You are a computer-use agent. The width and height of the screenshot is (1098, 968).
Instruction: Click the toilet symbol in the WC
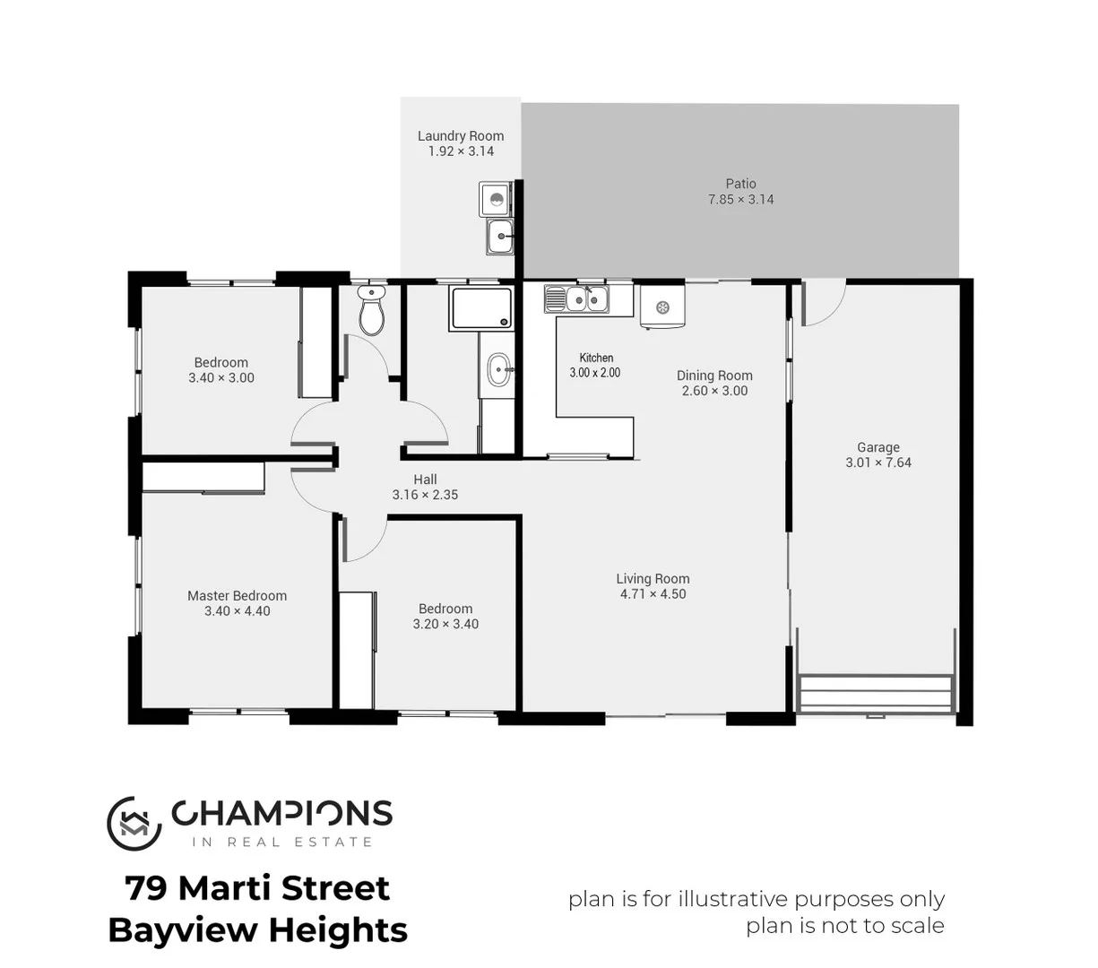click(371, 311)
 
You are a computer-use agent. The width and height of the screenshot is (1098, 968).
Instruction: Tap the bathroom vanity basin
click(499, 368)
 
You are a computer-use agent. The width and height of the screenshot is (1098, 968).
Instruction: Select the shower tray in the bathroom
click(482, 307)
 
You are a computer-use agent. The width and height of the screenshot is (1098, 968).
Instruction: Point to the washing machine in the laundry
click(495, 199)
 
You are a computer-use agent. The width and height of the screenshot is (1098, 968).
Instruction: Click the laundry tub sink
click(500, 238)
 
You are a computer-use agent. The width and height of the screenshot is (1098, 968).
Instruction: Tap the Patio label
click(740, 184)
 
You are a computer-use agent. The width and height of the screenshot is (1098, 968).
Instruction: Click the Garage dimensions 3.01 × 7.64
click(878, 462)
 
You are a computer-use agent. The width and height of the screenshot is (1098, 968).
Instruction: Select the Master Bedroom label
click(237, 596)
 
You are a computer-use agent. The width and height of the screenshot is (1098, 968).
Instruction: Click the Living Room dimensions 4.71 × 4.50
click(653, 594)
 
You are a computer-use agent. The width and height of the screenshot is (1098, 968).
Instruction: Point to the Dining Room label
click(714, 376)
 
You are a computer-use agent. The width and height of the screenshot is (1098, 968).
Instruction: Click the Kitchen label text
click(596, 358)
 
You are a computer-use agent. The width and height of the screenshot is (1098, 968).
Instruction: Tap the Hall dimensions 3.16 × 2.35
click(425, 495)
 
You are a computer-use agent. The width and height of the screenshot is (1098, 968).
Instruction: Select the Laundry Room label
click(461, 136)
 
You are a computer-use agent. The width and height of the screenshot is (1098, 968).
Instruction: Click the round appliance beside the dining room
click(662, 307)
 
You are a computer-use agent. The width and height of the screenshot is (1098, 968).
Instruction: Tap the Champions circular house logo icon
click(134, 823)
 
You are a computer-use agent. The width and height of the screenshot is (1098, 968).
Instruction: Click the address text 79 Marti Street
click(257, 888)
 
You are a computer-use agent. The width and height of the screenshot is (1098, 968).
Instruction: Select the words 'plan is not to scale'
click(844, 926)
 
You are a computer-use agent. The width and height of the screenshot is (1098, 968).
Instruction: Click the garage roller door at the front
click(875, 694)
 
